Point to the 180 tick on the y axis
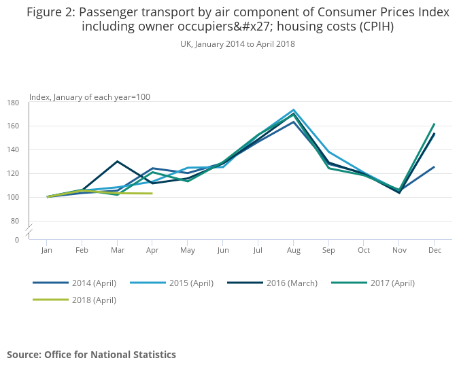tap(13, 103)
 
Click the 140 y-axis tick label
tap(13, 150)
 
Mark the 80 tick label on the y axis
tap(15, 221)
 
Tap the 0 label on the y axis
tap(17, 240)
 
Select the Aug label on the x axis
tap(293, 251)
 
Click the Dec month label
tap(435, 251)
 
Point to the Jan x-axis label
tap(47, 251)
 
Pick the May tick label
tap(188, 251)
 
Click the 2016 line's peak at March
tap(118, 161)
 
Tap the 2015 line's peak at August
tap(293, 109)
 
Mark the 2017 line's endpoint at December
tap(435, 124)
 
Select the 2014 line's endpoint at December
tap(435, 166)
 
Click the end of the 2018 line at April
tap(152, 194)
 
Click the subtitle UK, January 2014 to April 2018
tap(237, 43)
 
